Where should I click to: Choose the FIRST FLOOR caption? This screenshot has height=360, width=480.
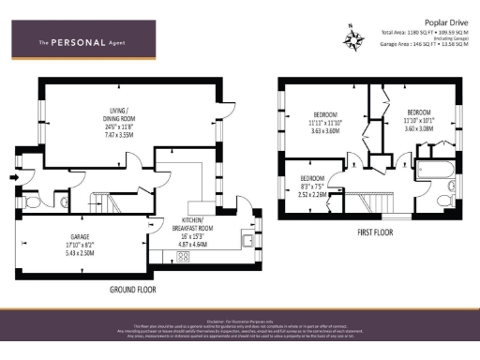click(375, 232)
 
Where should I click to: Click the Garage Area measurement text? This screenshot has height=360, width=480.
click(423, 44)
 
